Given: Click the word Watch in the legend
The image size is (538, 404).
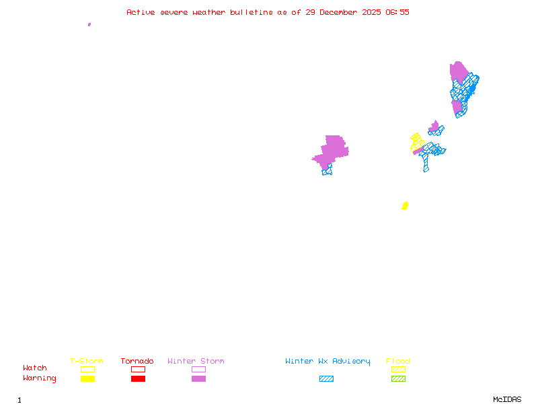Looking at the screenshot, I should pyautogui.click(x=35, y=368).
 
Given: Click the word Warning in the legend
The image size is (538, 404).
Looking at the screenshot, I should pyautogui.click(x=40, y=378).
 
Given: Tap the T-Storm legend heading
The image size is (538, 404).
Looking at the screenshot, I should pyautogui.click(x=87, y=362).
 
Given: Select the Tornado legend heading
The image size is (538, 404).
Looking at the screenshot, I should pyautogui.click(x=137, y=362).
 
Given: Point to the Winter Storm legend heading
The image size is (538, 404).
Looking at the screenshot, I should pyautogui.click(x=196, y=362).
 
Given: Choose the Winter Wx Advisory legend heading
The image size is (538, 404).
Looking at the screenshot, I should pyautogui.click(x=328, y=362).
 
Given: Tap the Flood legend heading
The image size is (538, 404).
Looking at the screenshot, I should pyautogui.click(x=398, y=362).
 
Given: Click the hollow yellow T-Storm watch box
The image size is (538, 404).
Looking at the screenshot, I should pyautogui.click(x=87, y=369).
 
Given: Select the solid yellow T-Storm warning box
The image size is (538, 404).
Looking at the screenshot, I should pyautogui.click(x=87, y=379).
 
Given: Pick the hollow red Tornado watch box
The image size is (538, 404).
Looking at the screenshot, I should pyautogui.click(x=138, y=369).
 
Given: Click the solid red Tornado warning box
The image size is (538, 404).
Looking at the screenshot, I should pyautogui.click(x=138, y=379).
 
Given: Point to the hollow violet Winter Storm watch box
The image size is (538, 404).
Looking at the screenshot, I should pyautogui.click(x=198, y=369).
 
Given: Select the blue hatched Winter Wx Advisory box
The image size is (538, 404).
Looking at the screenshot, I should pyautogui.click(x=326, y=379).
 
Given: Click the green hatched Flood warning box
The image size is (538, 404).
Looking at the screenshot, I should pyautogui.click(x=398, y=379).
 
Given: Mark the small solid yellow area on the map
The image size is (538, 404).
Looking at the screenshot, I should pyautogui.click(x=405, y=205).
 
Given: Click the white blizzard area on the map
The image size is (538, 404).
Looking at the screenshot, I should pyautogui.click(x=314, y=168).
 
